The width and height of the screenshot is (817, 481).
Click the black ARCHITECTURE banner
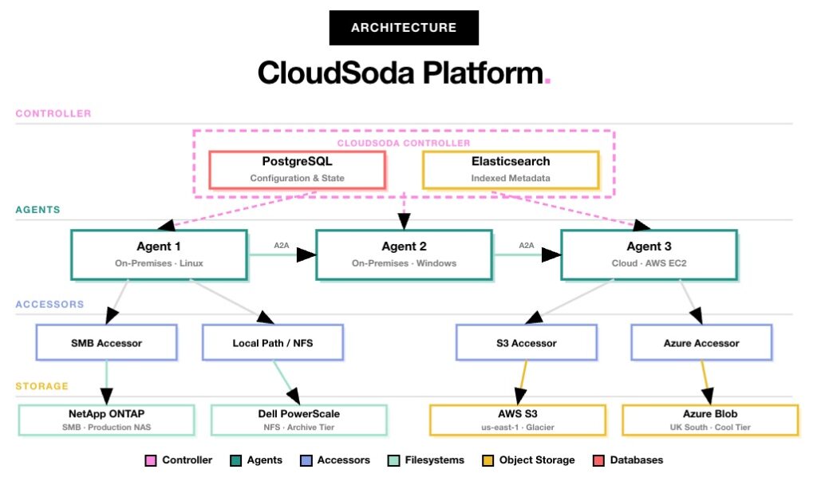(404, 28)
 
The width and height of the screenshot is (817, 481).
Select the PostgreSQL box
(297, 169)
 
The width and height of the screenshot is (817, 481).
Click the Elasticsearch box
(511, 169)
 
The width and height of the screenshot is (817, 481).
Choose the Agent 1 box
(159, 254)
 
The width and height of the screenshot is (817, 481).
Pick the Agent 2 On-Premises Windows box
(404, 254)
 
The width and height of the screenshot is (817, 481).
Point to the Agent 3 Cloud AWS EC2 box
(649, 254)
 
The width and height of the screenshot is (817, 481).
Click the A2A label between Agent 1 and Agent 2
(282, 246)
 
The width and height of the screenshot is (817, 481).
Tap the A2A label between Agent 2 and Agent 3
(527, 246)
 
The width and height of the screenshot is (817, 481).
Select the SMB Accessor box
(106, 343)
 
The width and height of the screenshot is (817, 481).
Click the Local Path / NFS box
(272, 343)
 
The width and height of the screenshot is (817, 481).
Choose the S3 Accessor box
(526, 343)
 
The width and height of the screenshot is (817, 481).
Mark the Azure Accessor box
(701, 343)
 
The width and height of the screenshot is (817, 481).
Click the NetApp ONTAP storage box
(106, 420)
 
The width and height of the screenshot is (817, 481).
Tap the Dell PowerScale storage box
(298, 420)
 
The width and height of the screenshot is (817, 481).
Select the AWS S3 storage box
(518, 420)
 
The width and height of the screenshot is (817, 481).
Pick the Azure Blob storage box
(710, 420)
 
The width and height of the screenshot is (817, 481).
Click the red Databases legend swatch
(599, 460)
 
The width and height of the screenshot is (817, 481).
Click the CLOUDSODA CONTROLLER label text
(404, 143)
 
